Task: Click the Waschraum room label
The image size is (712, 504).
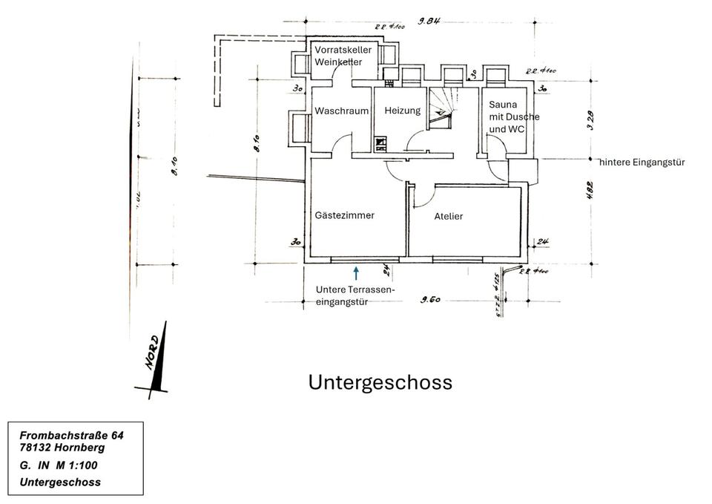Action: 341,111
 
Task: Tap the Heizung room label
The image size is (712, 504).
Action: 402,111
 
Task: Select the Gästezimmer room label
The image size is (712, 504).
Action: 345,215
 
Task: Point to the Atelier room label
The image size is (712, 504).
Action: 449,217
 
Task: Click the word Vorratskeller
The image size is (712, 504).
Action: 343,50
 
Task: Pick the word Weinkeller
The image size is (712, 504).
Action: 338,62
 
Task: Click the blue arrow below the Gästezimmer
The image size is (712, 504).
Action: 356,273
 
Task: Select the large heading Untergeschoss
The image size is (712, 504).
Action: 380,382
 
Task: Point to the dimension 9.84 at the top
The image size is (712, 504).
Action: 429,22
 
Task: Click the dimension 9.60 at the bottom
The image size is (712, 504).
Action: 431,300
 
